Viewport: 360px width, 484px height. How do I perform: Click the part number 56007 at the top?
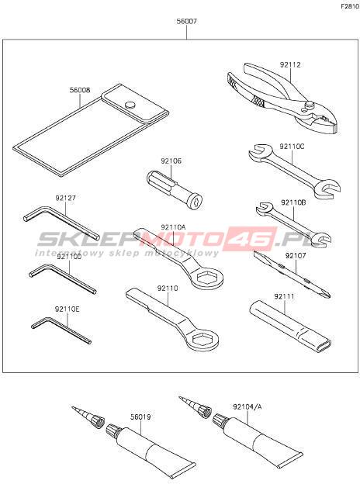coord(187,22)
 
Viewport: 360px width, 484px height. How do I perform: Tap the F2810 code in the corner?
coord(350,6)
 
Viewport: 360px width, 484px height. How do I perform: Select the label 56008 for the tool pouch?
coord(80,90)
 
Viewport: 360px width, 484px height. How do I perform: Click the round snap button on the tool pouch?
coord(131,105)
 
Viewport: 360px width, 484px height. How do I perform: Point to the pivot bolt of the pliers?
coord(307,105)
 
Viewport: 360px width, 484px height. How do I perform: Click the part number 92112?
coord(290,65)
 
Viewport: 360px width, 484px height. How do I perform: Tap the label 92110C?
coord(292,147)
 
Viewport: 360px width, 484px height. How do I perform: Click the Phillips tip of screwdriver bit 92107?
coord(326,294)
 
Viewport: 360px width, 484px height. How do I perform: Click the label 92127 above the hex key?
coord(66,198)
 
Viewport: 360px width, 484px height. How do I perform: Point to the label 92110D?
coord(69,256)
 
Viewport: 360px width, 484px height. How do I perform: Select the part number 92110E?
coord(67,309)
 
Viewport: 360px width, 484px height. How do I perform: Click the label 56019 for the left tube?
coord(140,417)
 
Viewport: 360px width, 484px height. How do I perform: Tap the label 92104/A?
coord(247,406)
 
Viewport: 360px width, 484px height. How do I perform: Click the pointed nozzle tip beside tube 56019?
coord(74,408)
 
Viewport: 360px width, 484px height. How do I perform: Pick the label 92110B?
coord(293,202)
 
